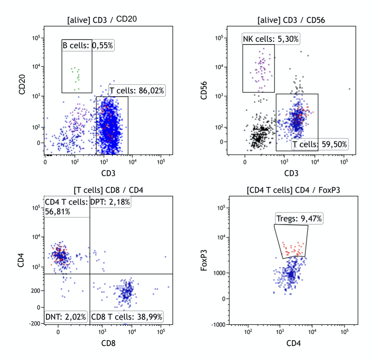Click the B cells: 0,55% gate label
[x=88, y=45]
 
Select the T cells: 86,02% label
[x=136, y=91]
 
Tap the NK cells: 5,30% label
[x=271, y=39]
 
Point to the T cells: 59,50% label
[x=320, y=144]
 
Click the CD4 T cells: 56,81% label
[x=66, y=207]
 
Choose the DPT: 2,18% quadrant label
[x=110, y=202]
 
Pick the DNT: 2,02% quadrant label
[x=66, y=317]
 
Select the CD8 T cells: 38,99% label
[x=127, y=317]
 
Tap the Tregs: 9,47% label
[x=299, y=219]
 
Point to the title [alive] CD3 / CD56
[x=291, y=20]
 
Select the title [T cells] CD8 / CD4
[x=108, y=190]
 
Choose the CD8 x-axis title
[x=108, y=343]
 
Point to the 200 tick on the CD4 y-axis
[x=36, y=291]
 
